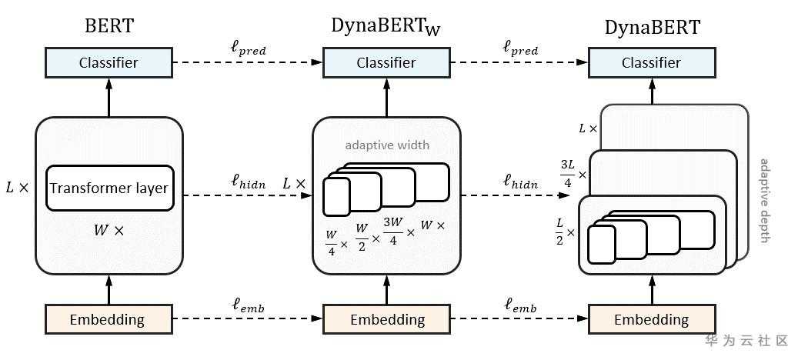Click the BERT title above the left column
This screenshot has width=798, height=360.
[x=109, y=25]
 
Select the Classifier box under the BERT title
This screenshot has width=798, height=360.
[x=109, y=62]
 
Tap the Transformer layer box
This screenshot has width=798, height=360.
[x=109, y=188]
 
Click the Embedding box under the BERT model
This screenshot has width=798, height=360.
[x=109, y=318]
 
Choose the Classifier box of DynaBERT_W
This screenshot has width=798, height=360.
[x=386, y=62]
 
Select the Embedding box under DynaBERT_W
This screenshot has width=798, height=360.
[x=386, y=318]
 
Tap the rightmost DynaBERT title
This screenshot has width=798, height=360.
[x=652, y=27]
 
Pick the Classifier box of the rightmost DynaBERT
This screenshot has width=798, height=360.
[x=652, y=62]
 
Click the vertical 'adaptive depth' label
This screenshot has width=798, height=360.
[x=764, y=201]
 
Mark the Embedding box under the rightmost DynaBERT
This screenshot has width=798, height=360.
[x=652, y=318]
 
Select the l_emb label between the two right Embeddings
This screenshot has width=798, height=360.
[x=520, y=307]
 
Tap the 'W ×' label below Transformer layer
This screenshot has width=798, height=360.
[x=109, y=229]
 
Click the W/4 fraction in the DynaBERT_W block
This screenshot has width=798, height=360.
[x=332, y=240]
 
